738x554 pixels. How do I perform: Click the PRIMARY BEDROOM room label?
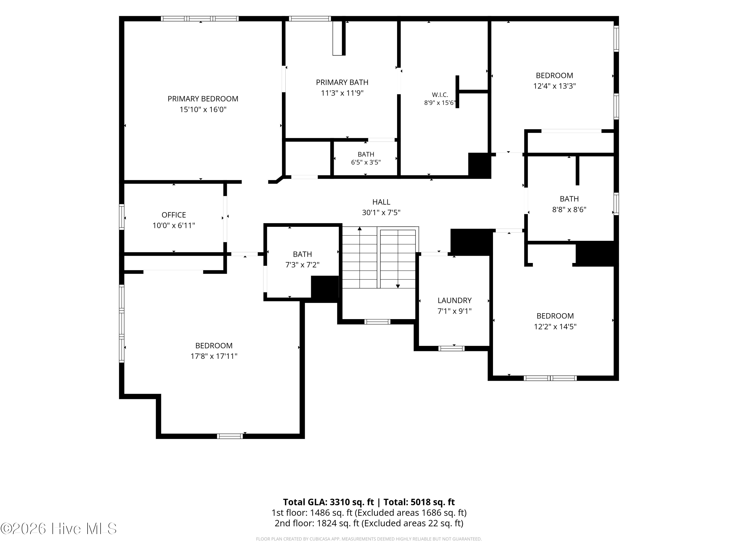(203, 99)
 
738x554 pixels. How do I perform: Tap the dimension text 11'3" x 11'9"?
(342, 93)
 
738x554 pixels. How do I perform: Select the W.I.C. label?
(440, 95)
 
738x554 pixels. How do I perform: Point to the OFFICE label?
(174, 215)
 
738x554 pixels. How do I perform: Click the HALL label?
(381, 202)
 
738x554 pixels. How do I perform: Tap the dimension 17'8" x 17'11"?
(214, 356)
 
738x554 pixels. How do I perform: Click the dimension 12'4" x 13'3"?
(554, 86)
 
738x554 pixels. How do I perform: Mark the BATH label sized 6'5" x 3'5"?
(366, 154)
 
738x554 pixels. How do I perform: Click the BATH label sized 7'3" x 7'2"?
(302, 254)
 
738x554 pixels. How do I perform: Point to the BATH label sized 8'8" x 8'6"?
(569, 199)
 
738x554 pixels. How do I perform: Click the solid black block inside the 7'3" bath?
(325, 288)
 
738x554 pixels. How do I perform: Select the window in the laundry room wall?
(451, 349)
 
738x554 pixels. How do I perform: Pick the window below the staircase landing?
(377, 322)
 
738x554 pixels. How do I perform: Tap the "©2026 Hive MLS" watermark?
(59, 528)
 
